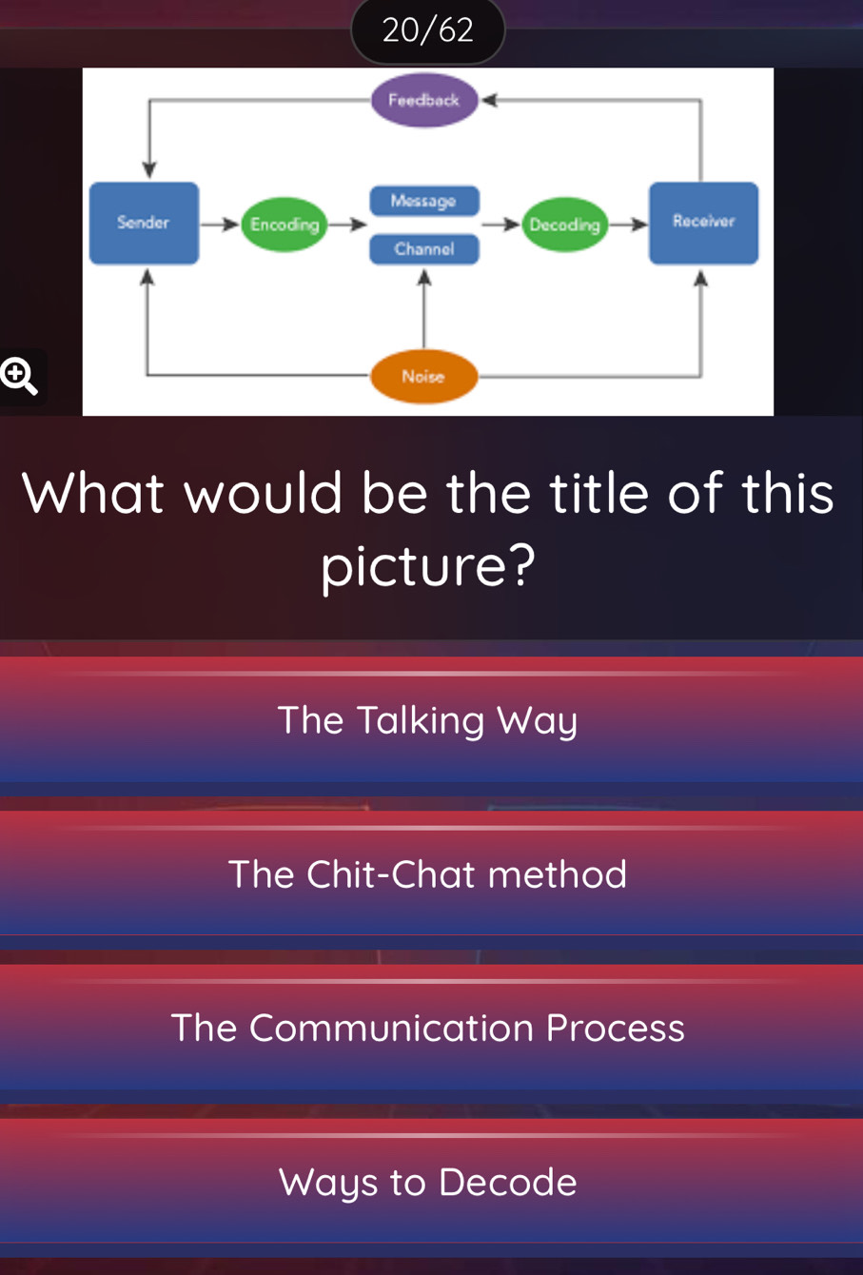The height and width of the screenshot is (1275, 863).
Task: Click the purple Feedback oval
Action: (x=424, y=100)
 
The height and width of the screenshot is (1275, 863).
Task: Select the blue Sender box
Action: (x=144, y=223)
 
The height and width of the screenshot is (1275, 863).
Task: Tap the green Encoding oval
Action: (x=284, y=225)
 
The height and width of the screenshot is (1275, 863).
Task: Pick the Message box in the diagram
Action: (x=423, y=202)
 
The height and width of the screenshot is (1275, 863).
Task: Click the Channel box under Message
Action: (x=423, y=249)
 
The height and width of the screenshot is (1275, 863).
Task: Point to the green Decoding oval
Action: (x=565, y=225)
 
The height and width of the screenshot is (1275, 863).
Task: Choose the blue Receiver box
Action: (x=703, y=223)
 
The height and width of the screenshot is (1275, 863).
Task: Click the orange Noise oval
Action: (x=423, y=377)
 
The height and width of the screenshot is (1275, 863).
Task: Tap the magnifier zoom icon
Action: (x=19, y=377)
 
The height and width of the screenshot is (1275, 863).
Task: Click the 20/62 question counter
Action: (x=428, y=30)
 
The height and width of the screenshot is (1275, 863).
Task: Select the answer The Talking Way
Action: (x=428, y=719)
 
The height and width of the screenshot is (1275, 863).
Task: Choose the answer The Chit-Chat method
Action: (x=428, y=873)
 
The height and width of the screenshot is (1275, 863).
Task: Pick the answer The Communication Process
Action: (x=428, y=1028)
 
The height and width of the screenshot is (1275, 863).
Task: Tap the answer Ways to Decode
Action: (x=428, y=1182)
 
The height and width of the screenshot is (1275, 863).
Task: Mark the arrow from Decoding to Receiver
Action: (x=628, y=225)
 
